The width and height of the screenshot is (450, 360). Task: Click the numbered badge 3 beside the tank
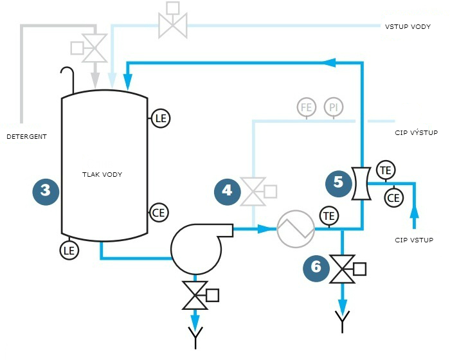pyautogui.click(x=46, y=190)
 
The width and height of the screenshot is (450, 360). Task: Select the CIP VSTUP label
pyautogui.click(x=413, y=240)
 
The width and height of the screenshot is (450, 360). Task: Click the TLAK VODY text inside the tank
pyautogui.click(x=102, y=175)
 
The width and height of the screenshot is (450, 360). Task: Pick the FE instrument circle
pyautogui.click(x=307, y=107)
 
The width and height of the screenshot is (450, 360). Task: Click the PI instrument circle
pyautogui.click(x=333, y=107)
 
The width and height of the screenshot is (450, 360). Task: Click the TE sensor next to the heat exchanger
pyautogui.click(x=328, y=215)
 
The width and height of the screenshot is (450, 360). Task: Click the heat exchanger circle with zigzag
pyautogui.click(x=296, y=229)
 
